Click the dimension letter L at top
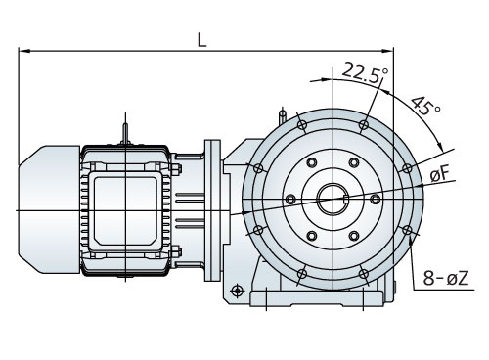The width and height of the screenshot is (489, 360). coord(202,40)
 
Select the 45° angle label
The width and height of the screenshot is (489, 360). coord(425,106)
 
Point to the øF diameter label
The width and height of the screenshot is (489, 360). coord(440,174)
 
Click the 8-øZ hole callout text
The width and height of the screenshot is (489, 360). coord(446,279)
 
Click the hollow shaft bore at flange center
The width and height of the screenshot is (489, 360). coord(333,199)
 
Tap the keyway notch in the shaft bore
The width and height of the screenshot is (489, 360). coord(346,198)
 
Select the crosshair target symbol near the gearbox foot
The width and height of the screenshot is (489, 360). coord(237,290)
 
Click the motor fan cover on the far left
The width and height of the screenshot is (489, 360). coord(49,209)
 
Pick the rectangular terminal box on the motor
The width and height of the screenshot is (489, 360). coord(125,211)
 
